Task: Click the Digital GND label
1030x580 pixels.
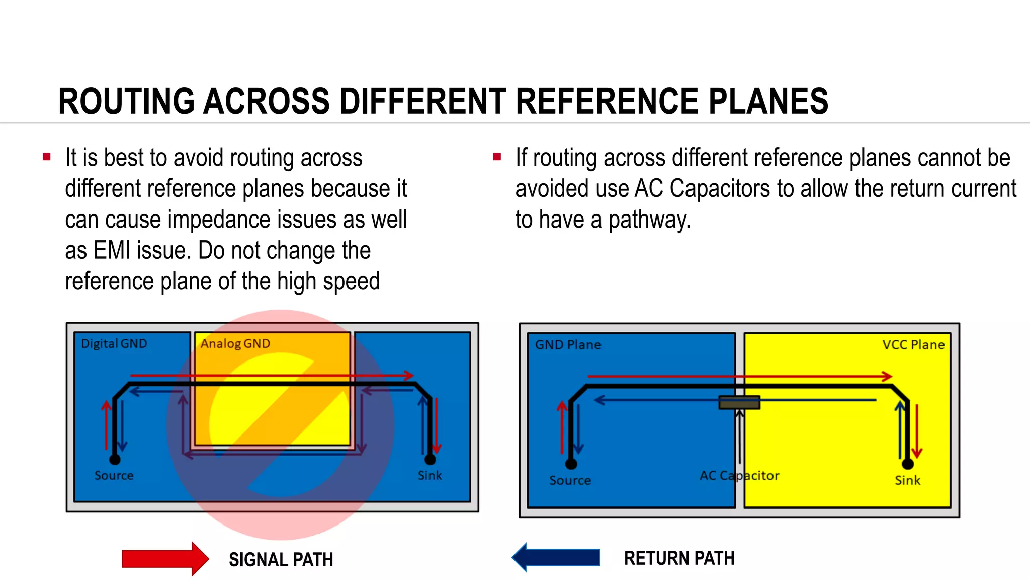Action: (114, 343)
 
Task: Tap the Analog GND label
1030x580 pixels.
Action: (235, 343)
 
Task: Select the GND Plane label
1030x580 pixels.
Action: (568, 345)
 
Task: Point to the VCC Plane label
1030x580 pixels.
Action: (913, 345)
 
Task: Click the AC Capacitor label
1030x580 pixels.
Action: (739, 476)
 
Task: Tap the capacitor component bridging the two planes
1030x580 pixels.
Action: (739, 402)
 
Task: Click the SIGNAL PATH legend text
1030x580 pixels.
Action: (281, 560)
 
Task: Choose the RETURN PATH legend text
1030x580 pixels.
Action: (679, 558)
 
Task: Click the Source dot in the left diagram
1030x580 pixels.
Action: (115, 459)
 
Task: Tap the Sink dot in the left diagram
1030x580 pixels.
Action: (430, 459)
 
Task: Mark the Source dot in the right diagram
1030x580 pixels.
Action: (571, 464)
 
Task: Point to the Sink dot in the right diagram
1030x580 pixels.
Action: (908, 464)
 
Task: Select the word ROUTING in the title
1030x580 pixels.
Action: (126, 101)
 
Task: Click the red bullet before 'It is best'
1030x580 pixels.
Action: (47, 157)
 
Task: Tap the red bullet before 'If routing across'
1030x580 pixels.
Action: (497, 157)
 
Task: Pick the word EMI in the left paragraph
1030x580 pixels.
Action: (112, 250)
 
